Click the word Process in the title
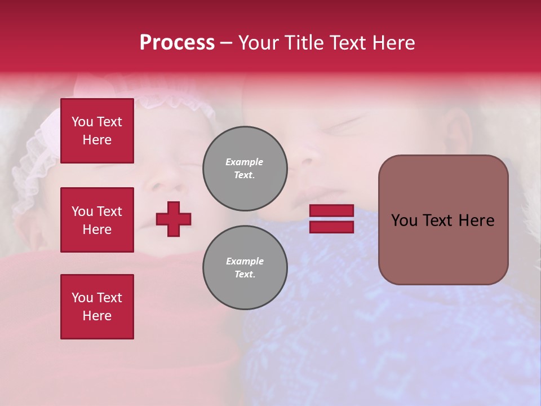pos(177,43)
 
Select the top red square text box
pos(97,131)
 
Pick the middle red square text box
pos(97,220)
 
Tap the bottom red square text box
pos(97,307)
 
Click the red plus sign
pos(174,219)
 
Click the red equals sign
pos(331,219)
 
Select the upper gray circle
pos(245,168)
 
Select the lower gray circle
pos(245,267)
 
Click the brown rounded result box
pos(443,220)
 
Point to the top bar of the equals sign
pos(331,211)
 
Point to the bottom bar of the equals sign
pos(331,227)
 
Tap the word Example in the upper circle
pos(245,162)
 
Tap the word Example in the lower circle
pos(245,261)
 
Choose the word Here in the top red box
pos(97,140)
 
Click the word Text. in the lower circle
pos(245,275)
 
